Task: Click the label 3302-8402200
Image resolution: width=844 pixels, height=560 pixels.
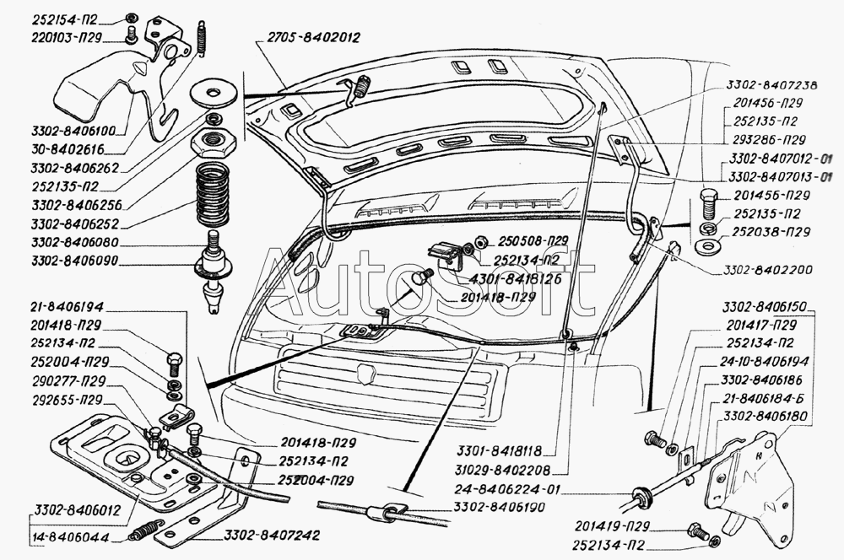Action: click(767, 271)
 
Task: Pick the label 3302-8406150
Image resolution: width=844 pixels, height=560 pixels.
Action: click(766, 308)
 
